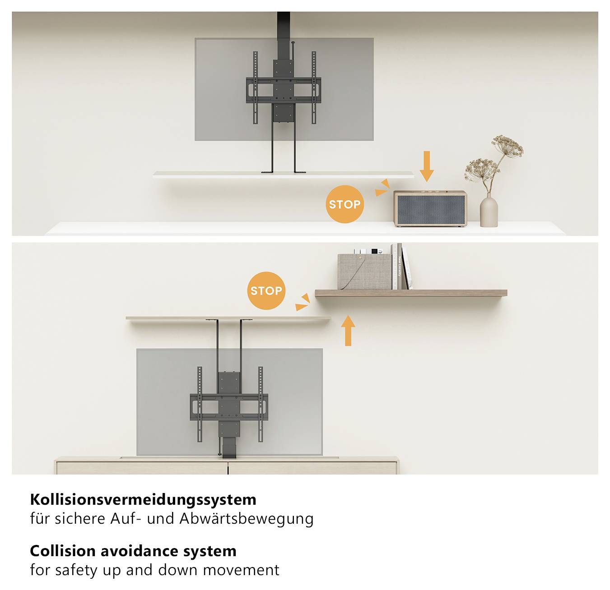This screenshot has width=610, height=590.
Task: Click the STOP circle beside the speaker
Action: (x=345, y=204)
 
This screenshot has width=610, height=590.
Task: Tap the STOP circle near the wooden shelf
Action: (x=266, y=290)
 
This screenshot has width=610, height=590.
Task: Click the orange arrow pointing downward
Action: (x=427, y=167)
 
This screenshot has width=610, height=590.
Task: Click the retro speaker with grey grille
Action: (x=430, y=209)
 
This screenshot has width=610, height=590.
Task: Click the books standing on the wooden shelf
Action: (x=400, y=267)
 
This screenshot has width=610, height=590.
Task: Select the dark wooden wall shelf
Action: (x=411, y=293)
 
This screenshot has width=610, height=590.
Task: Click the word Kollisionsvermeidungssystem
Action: (x=143, y=499)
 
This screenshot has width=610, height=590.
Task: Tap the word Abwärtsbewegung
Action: (x=247, y=519)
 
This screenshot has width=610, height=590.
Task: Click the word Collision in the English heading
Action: (x=63, y=551)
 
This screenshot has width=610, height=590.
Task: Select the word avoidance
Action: (x=139, y=551)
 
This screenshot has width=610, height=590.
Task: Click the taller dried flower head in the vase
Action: (x=508, y=145)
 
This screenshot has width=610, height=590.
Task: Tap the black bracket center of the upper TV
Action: (x=284, y=90)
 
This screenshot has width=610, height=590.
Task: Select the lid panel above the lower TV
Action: (x=228, y=318)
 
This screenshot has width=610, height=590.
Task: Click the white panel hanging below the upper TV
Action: (x=283, y=174)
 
